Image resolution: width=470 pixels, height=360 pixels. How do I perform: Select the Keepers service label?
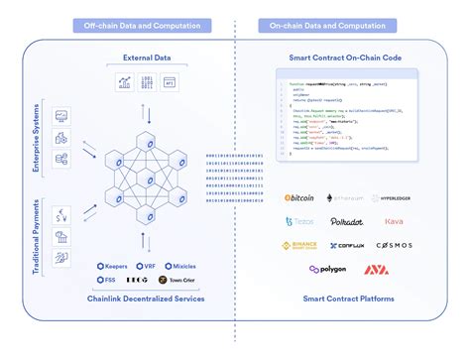click(x=116, y=266)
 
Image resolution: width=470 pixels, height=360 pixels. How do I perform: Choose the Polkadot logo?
click(x=347, y=222)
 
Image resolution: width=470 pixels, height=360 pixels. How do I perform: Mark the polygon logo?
click(x=327, y=269)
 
